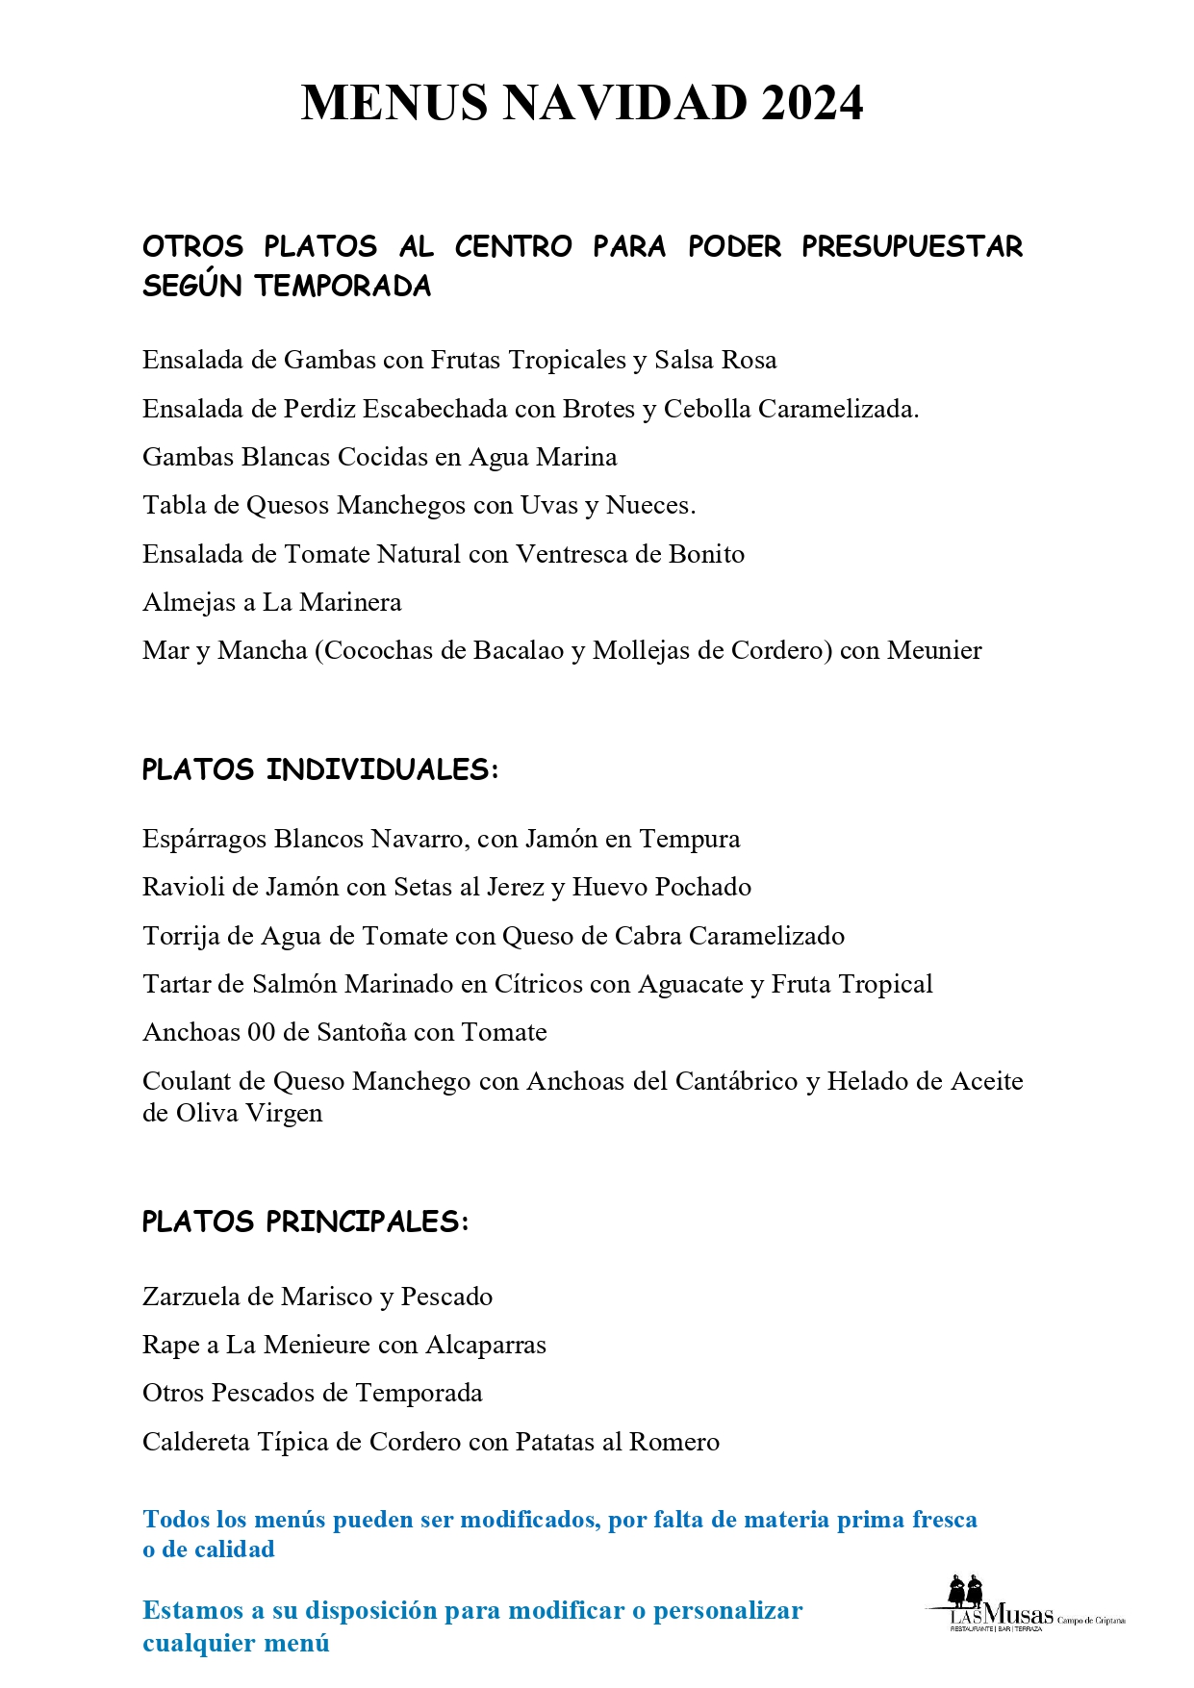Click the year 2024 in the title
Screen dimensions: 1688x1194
(812, 103)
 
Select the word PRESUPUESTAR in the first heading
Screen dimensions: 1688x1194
(912, 246)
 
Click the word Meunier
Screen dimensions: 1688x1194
(934, 651)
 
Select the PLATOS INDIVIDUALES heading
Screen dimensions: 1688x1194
(320, 769)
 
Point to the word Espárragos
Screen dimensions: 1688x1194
(205, 840)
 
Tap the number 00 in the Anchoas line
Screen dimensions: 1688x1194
(262, 1033)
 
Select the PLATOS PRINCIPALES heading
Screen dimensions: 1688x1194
(305, 1222)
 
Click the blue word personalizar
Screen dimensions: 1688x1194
(727, 1610)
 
